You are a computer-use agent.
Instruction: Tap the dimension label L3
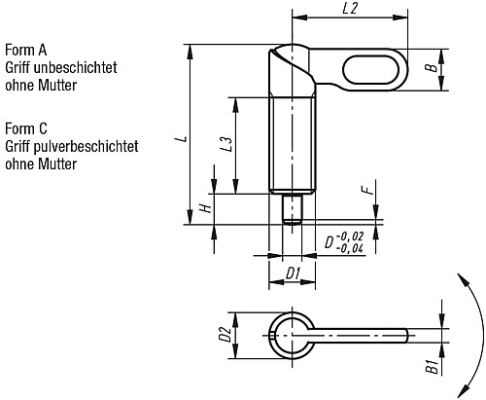(226, 145)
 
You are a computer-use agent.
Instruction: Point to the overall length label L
(180, 138)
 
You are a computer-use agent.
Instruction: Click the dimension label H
(204, 208)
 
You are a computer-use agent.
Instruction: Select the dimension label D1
(292, 273)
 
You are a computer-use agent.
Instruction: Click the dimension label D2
(225, 336)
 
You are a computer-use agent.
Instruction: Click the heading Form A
(26, 50)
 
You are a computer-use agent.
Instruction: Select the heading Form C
(26, 128)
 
